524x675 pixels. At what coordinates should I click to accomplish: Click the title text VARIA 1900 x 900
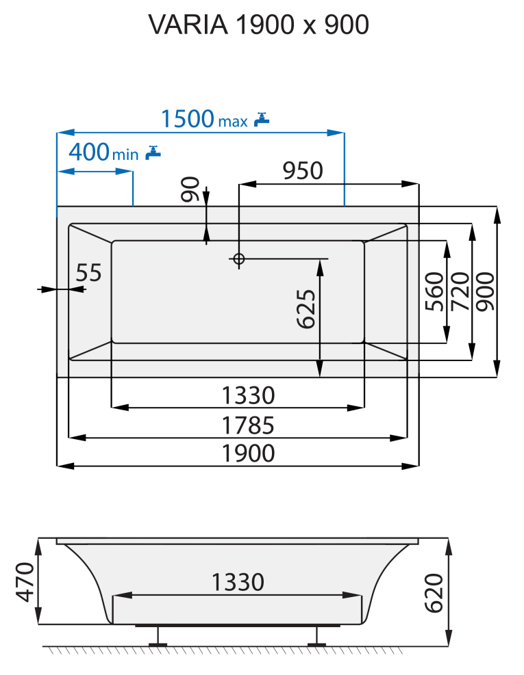point(259,25)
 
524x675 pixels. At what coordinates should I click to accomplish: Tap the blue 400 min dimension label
point(103,153)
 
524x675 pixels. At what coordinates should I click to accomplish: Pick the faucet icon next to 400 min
point(153,153)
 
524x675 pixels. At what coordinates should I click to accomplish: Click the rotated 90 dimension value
point(190,189)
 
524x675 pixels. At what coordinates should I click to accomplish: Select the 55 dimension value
point(88,273)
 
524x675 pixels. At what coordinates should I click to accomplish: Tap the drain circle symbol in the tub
point(238,259)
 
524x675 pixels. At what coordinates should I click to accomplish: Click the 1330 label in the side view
point(237,583)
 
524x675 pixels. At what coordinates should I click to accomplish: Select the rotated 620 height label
point(434,592)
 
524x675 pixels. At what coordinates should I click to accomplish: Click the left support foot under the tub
point(159,636)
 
